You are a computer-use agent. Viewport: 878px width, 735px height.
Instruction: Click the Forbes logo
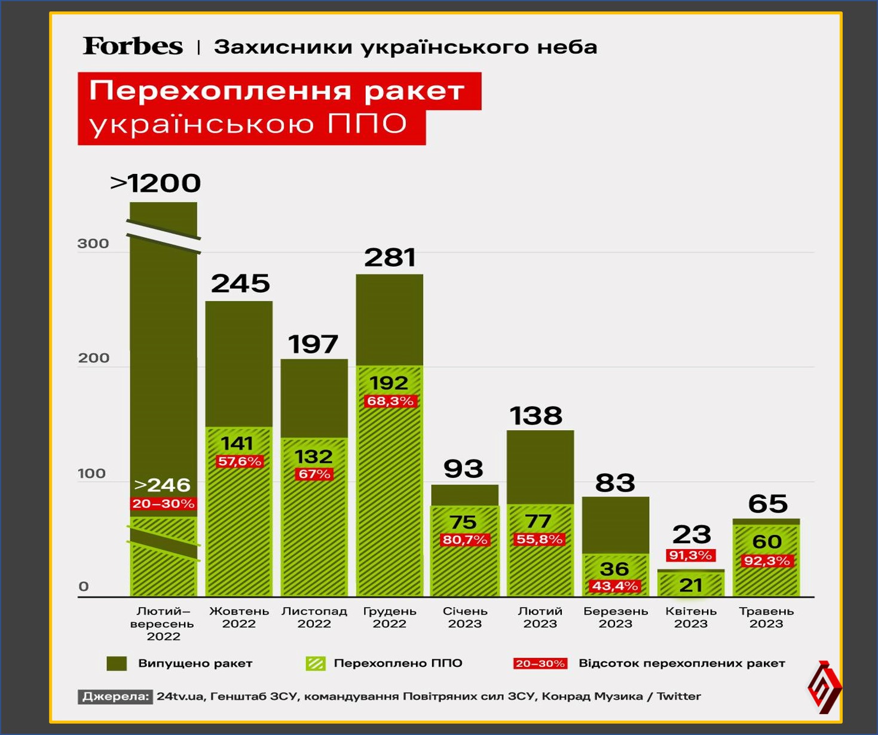coord(133,46)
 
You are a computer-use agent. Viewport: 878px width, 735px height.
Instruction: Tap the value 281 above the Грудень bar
coord(390,258)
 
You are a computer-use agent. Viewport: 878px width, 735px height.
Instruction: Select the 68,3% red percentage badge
coord(390,401)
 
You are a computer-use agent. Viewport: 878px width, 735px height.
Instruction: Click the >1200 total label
coord(155,183)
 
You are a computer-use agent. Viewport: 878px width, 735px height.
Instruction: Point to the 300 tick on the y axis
coord(93,243)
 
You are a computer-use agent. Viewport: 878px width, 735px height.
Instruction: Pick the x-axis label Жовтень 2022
coord(239,617)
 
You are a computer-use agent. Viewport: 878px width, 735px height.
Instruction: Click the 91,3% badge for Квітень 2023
coord(690,555)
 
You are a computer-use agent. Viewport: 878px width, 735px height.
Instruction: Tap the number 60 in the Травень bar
coord(767,541)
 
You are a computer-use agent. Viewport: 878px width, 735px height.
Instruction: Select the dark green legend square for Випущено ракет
coord(117,663)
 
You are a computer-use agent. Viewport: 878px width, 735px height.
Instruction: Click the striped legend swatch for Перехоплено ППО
coord(316,663)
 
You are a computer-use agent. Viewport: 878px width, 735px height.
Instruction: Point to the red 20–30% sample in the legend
coord(540,663)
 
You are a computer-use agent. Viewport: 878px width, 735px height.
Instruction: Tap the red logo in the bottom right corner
coord(824,687)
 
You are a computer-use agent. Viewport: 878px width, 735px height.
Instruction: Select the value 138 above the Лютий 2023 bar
coord(536,416)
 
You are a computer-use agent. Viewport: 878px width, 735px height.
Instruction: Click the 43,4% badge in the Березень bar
coord(615,586)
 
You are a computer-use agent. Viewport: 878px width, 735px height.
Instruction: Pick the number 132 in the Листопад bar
coord(314,457)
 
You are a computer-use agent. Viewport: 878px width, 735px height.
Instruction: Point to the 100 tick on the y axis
coord(91,473)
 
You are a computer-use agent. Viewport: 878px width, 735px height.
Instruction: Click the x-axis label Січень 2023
coord(465,617)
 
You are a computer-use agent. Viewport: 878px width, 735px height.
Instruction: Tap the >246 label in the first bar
coord(163,485)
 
